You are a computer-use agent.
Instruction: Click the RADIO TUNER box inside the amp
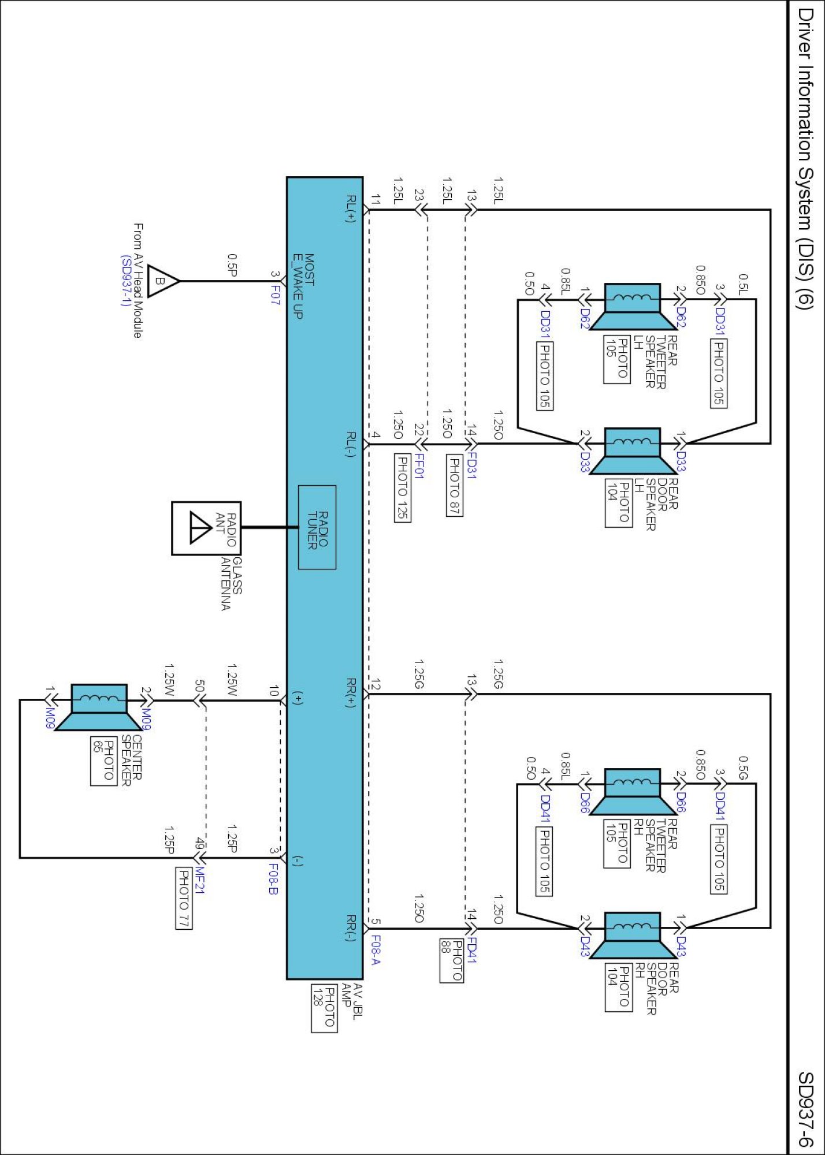tap(317, 527)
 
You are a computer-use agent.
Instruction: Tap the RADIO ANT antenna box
tap(206, 528)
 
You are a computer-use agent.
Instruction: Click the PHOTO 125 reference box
tap(402, 488)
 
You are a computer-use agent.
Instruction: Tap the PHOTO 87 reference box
tap(455, 485)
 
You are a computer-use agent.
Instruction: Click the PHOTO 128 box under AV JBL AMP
tap(324, 1008)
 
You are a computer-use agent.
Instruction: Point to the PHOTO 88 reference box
tap(451, 960)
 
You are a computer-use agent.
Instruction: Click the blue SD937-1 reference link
tap(125, 281)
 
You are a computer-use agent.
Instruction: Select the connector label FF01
tap(419, 466)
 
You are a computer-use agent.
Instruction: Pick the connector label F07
tap(276, 295)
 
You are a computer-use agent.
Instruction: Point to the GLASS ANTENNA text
tap(231, 583)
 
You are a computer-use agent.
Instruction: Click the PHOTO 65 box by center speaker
tap(103, 761)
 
